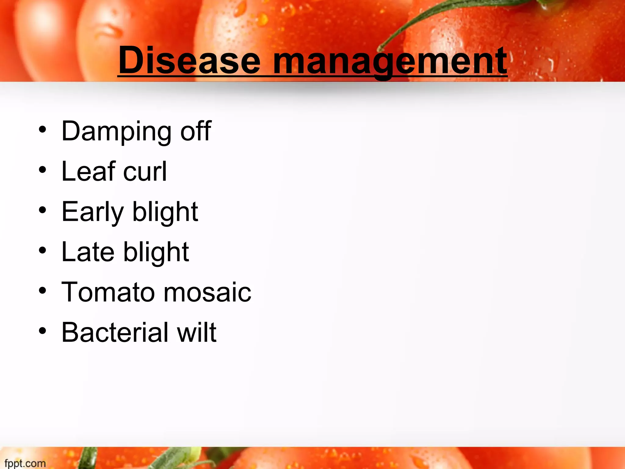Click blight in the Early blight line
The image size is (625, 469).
point(165,212)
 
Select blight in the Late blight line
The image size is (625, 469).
point(156,253)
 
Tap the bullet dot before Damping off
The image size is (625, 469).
point(42,129)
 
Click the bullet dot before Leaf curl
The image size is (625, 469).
point(42,170)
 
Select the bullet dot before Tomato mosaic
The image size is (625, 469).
point(42,291)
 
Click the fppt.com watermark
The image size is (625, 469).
point(25,463)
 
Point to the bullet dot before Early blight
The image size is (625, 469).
point(42,210)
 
